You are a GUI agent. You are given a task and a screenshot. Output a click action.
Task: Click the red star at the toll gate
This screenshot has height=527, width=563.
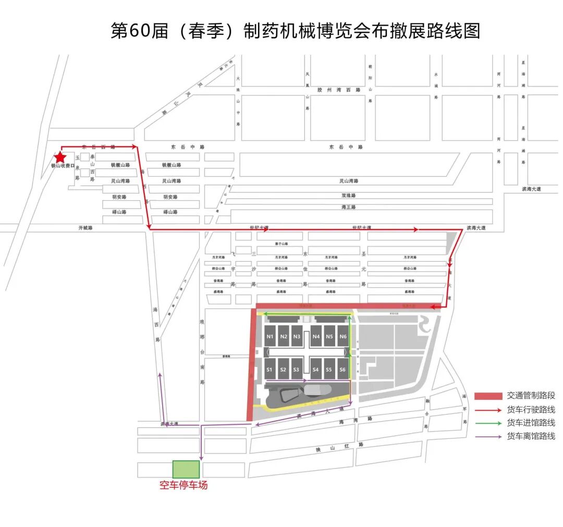pos(60,157)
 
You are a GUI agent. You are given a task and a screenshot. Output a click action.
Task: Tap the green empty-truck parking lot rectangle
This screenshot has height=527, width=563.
pos(186,469)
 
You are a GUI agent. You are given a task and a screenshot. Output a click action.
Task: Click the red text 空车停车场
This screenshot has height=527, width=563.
pos(183,485)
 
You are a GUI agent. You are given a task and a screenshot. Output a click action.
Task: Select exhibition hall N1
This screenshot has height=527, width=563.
pos(270,336)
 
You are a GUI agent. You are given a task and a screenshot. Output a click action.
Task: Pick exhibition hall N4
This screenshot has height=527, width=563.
pos(316,336)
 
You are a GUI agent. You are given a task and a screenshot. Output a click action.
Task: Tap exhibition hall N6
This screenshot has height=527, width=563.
pos(343,336)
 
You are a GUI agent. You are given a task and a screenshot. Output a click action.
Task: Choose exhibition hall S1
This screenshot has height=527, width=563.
pos(270,369)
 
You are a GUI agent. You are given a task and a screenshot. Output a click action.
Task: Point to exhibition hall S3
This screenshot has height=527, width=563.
pos(297,369)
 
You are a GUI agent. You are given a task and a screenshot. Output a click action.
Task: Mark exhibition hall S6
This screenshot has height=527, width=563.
pos(343,369)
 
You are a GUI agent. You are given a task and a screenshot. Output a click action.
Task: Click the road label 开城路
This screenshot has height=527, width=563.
pos(84,228)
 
